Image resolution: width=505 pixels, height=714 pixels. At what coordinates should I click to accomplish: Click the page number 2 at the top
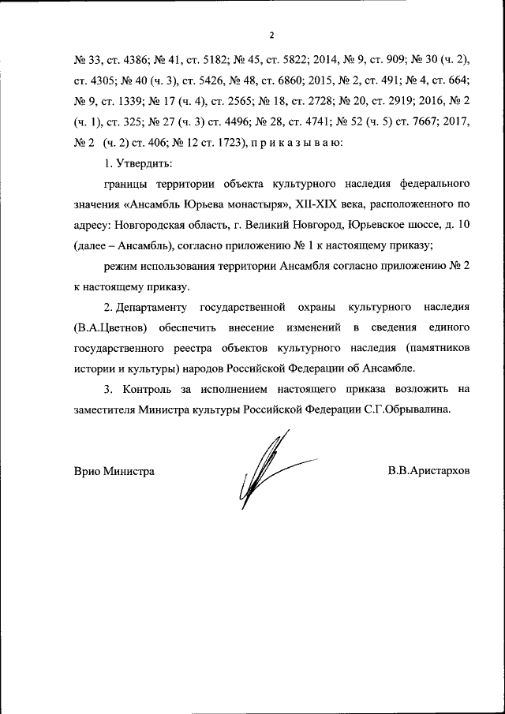[x=271, y=36]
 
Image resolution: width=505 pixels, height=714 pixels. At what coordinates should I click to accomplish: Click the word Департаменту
[x=159, y=307]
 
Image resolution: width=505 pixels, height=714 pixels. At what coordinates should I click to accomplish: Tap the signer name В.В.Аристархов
[x=428, y=471]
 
